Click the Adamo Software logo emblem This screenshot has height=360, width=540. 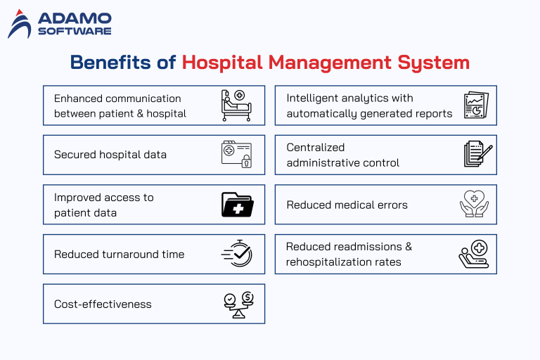[20, 24]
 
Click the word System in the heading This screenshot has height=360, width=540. [429, 63]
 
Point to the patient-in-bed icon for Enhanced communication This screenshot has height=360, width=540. [236, 105]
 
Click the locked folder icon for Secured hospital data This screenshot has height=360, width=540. [236, 155]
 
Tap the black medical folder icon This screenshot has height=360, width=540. [236, 205]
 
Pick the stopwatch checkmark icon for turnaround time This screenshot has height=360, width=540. [236, 254]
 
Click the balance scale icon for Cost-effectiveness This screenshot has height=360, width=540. [236, 304]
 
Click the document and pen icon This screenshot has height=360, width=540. [477, 155]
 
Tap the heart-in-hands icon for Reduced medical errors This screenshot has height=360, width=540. [473, 205]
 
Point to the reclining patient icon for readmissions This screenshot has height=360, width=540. [473, 254]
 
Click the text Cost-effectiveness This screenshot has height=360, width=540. [103, 304]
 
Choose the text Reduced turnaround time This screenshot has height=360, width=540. [119, 255]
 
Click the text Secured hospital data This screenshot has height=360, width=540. [110, 155]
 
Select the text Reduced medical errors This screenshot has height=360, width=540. [347, 205]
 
